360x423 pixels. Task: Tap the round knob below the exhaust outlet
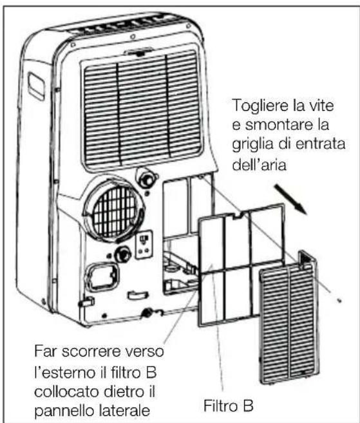click(122, 254)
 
